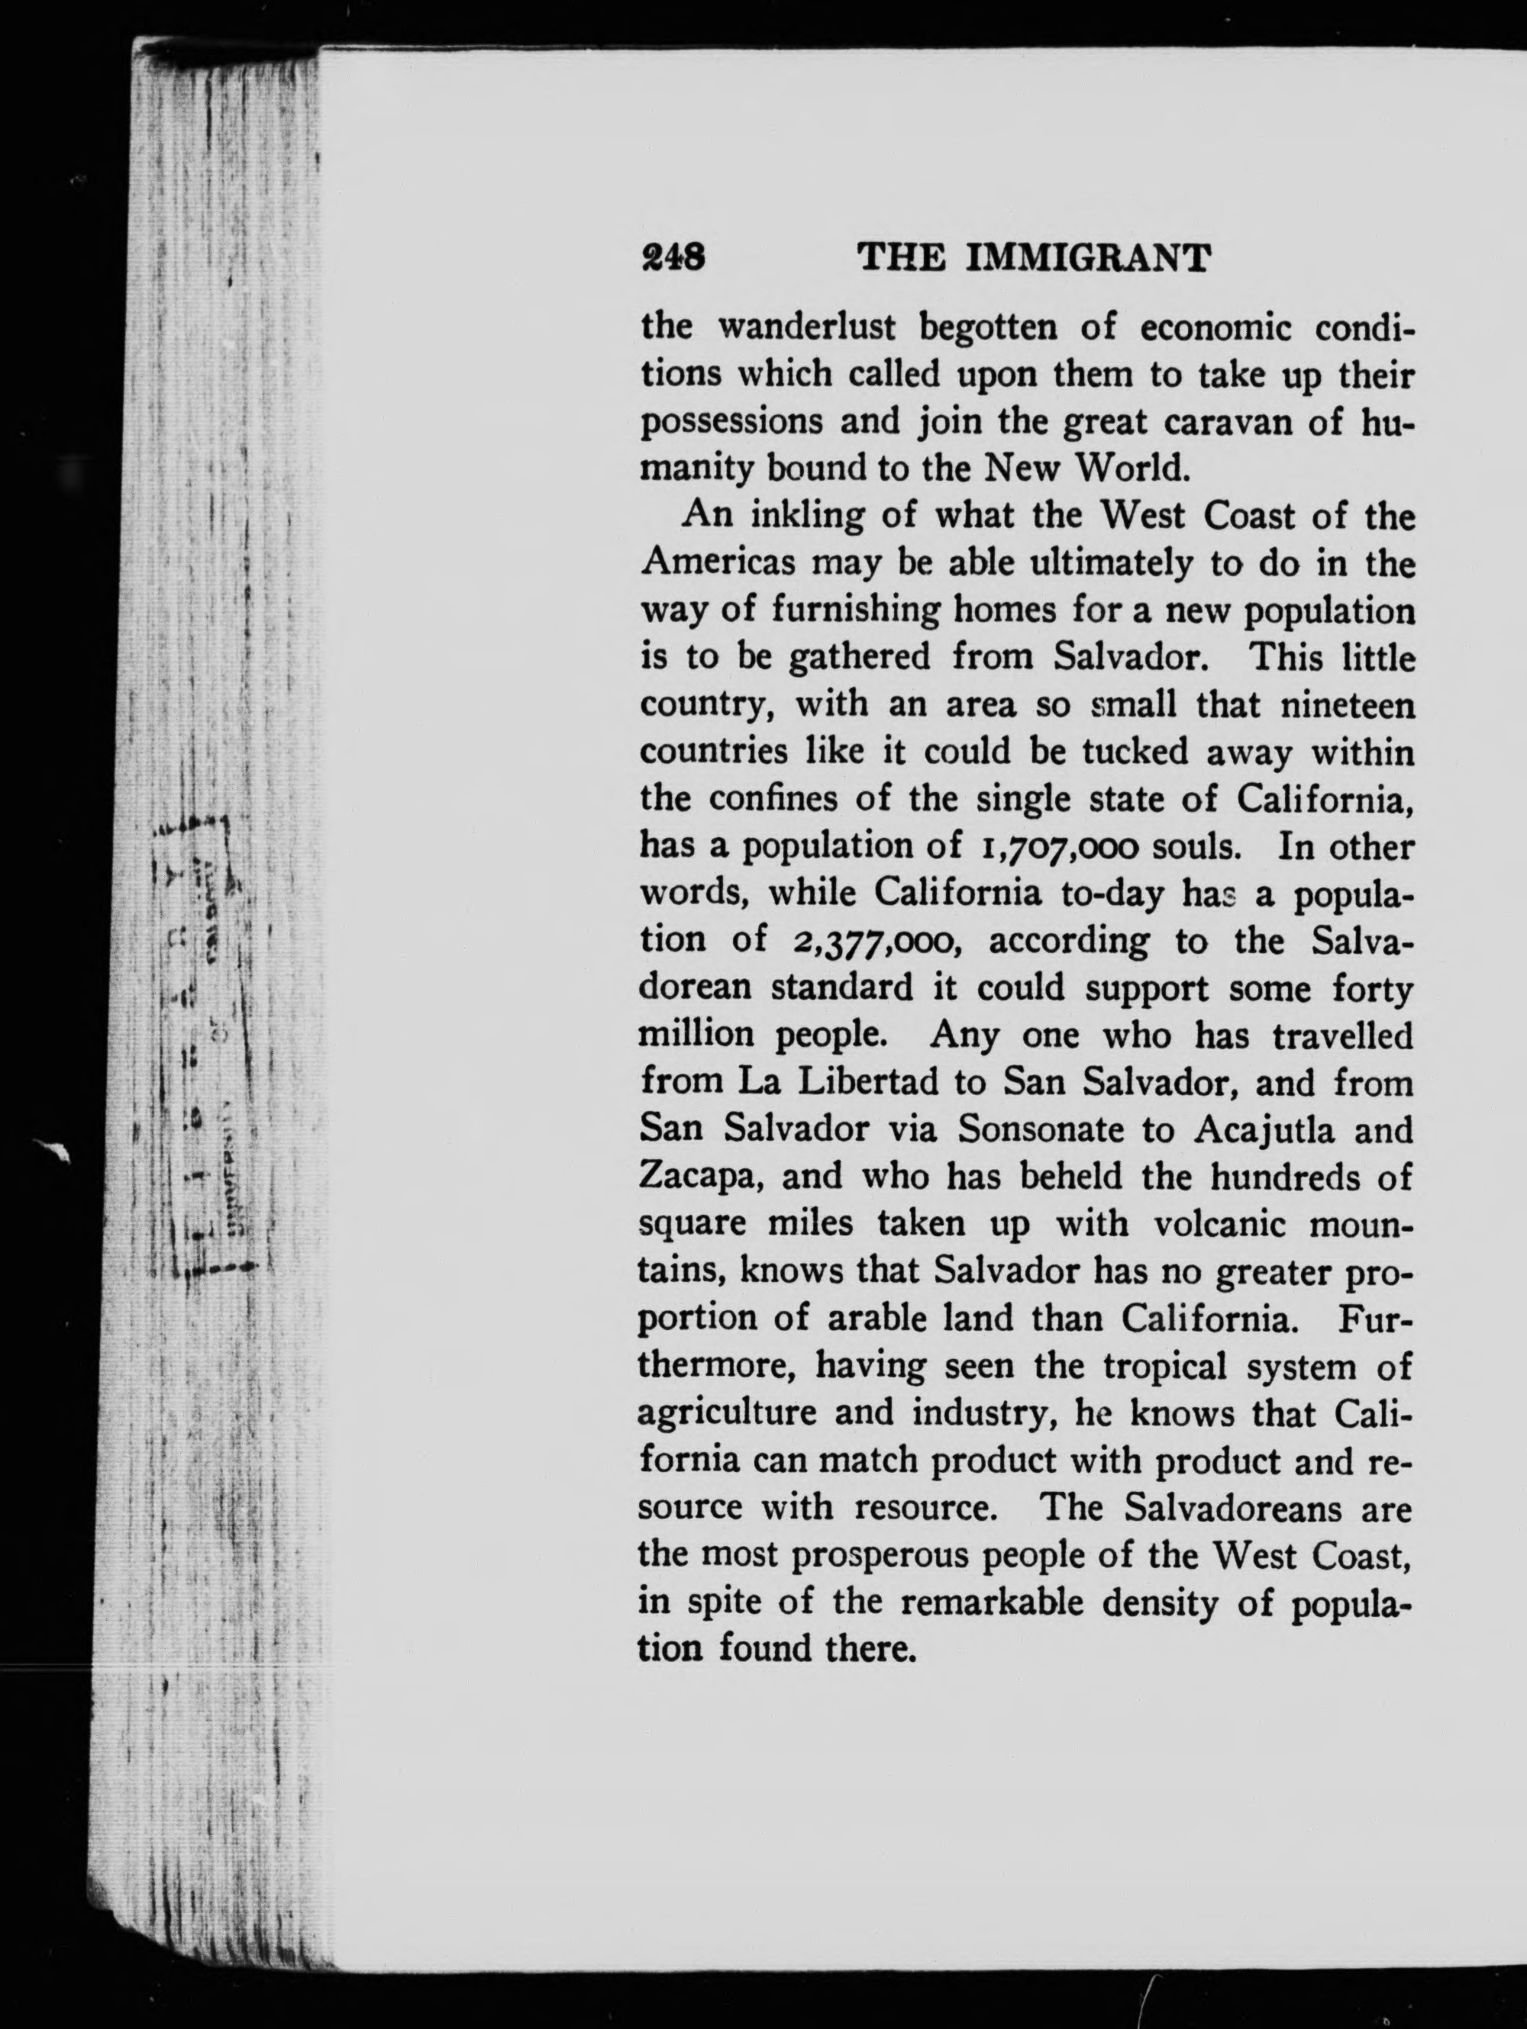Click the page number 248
coord(673,257)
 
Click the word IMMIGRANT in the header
coord(1090,258)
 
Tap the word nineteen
coord(1347,704)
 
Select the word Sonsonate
coord(1041,1129)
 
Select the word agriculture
coord(727,1413)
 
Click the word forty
coord(1372,988)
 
